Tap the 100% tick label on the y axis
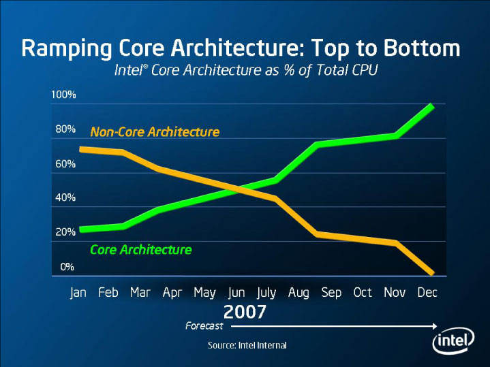(x=63, y=94)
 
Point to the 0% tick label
(x=67, y=266)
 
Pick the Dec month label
(x=427, y=293)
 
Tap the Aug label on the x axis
(x=298, y=293)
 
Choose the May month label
(x=204, y=293)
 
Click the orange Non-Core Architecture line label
(x=155, y=132)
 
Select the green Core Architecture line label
(x=140, y=250)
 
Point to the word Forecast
(x=204, y=326)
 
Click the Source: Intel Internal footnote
(x=247, y=346)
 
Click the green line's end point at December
(x=431, y=106)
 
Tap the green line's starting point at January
(x=82, y=229)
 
